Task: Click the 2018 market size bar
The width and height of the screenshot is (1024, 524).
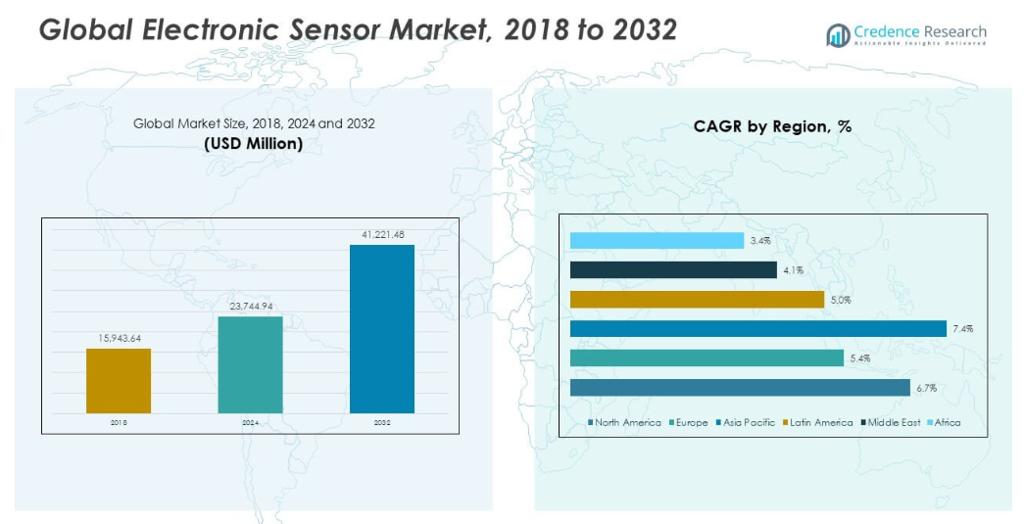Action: click(119, 380)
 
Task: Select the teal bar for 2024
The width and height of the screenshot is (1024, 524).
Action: click(250, 364)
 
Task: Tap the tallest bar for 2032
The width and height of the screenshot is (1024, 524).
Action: click(381, 328)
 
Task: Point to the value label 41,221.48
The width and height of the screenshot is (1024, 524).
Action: click(382, 234)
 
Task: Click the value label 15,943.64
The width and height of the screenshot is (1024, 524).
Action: click(119, 338)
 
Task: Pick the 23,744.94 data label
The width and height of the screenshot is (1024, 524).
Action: click(250, 306)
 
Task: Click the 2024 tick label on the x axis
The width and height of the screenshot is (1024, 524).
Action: click(250, 422)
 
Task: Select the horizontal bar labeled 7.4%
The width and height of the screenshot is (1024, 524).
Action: click(757, 329)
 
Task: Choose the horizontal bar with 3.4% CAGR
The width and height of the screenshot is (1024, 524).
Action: click(657, 241)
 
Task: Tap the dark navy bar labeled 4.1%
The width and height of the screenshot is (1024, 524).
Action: click(673, 270)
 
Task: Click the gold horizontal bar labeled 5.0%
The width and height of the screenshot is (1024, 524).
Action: click(697, 300)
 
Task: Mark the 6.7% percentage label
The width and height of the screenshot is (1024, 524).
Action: click(926, 388)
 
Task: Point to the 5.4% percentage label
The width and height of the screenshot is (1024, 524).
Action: click(859, 358)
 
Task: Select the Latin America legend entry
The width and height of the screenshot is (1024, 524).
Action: click(819, 422)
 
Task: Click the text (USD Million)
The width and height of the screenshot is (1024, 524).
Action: click(253, 143)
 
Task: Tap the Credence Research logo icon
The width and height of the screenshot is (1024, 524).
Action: click(838, 36)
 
